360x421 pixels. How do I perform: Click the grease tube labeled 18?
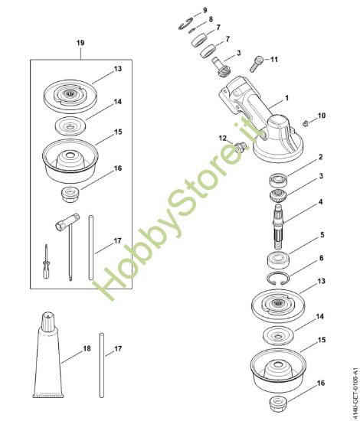pos(48,357)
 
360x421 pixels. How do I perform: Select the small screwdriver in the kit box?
pos(47,262)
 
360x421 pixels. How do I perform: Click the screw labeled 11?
pos(256,64)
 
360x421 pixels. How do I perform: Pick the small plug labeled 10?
pos(305,123)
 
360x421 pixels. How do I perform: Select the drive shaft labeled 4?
pos(279,227)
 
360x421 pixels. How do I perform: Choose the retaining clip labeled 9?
pos(185,24)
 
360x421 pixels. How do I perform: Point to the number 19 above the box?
pos(80,43)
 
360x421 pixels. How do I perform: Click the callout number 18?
pos(87,348)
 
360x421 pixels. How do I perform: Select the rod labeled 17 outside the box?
pos(102,365)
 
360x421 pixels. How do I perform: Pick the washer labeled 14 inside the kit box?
pos(70,126)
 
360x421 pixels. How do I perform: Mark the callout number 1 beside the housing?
pos(286,98)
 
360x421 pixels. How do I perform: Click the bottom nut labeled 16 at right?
pos(278,403)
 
